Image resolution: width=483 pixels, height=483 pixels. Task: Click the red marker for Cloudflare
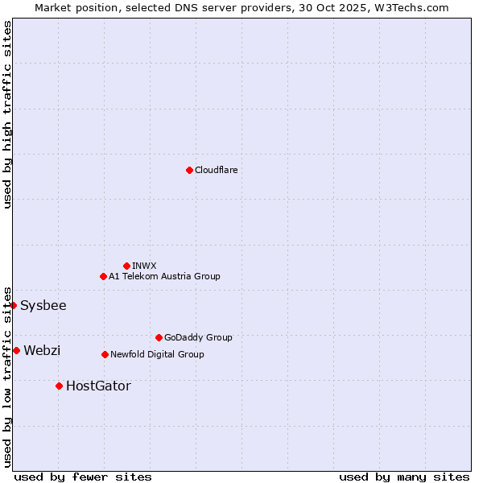coord(189,170)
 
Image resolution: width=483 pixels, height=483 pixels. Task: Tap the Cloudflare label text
coord(216,170)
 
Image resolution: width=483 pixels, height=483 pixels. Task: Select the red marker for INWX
coord(126,266)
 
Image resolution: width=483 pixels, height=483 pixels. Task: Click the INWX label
coord(144,266)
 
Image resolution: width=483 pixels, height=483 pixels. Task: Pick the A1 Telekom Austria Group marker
coord(103,276)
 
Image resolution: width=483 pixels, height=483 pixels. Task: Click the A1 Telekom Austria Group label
coord(164,276)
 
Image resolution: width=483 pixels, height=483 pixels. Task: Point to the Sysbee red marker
coord(13,305)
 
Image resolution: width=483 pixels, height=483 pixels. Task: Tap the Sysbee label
coord(43,305)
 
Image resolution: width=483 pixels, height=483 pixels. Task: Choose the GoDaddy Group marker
coord(159,337)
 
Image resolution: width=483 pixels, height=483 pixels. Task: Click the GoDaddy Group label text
coord(198,337)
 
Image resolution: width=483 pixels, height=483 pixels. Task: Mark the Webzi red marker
coord(16,350)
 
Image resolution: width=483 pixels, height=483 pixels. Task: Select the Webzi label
coord(42,350)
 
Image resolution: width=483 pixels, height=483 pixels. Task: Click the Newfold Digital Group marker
coord(105,354)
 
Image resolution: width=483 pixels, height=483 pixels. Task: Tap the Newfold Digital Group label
coord(157,354)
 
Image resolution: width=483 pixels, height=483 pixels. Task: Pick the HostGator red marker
coord(59,386)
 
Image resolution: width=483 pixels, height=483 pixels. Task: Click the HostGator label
coord(98,386)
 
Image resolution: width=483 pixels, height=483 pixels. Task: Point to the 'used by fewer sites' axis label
coord(83,477)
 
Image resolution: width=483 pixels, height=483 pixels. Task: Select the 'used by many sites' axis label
coord(404,477)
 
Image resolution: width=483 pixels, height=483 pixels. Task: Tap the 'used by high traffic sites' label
coord(7,114)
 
